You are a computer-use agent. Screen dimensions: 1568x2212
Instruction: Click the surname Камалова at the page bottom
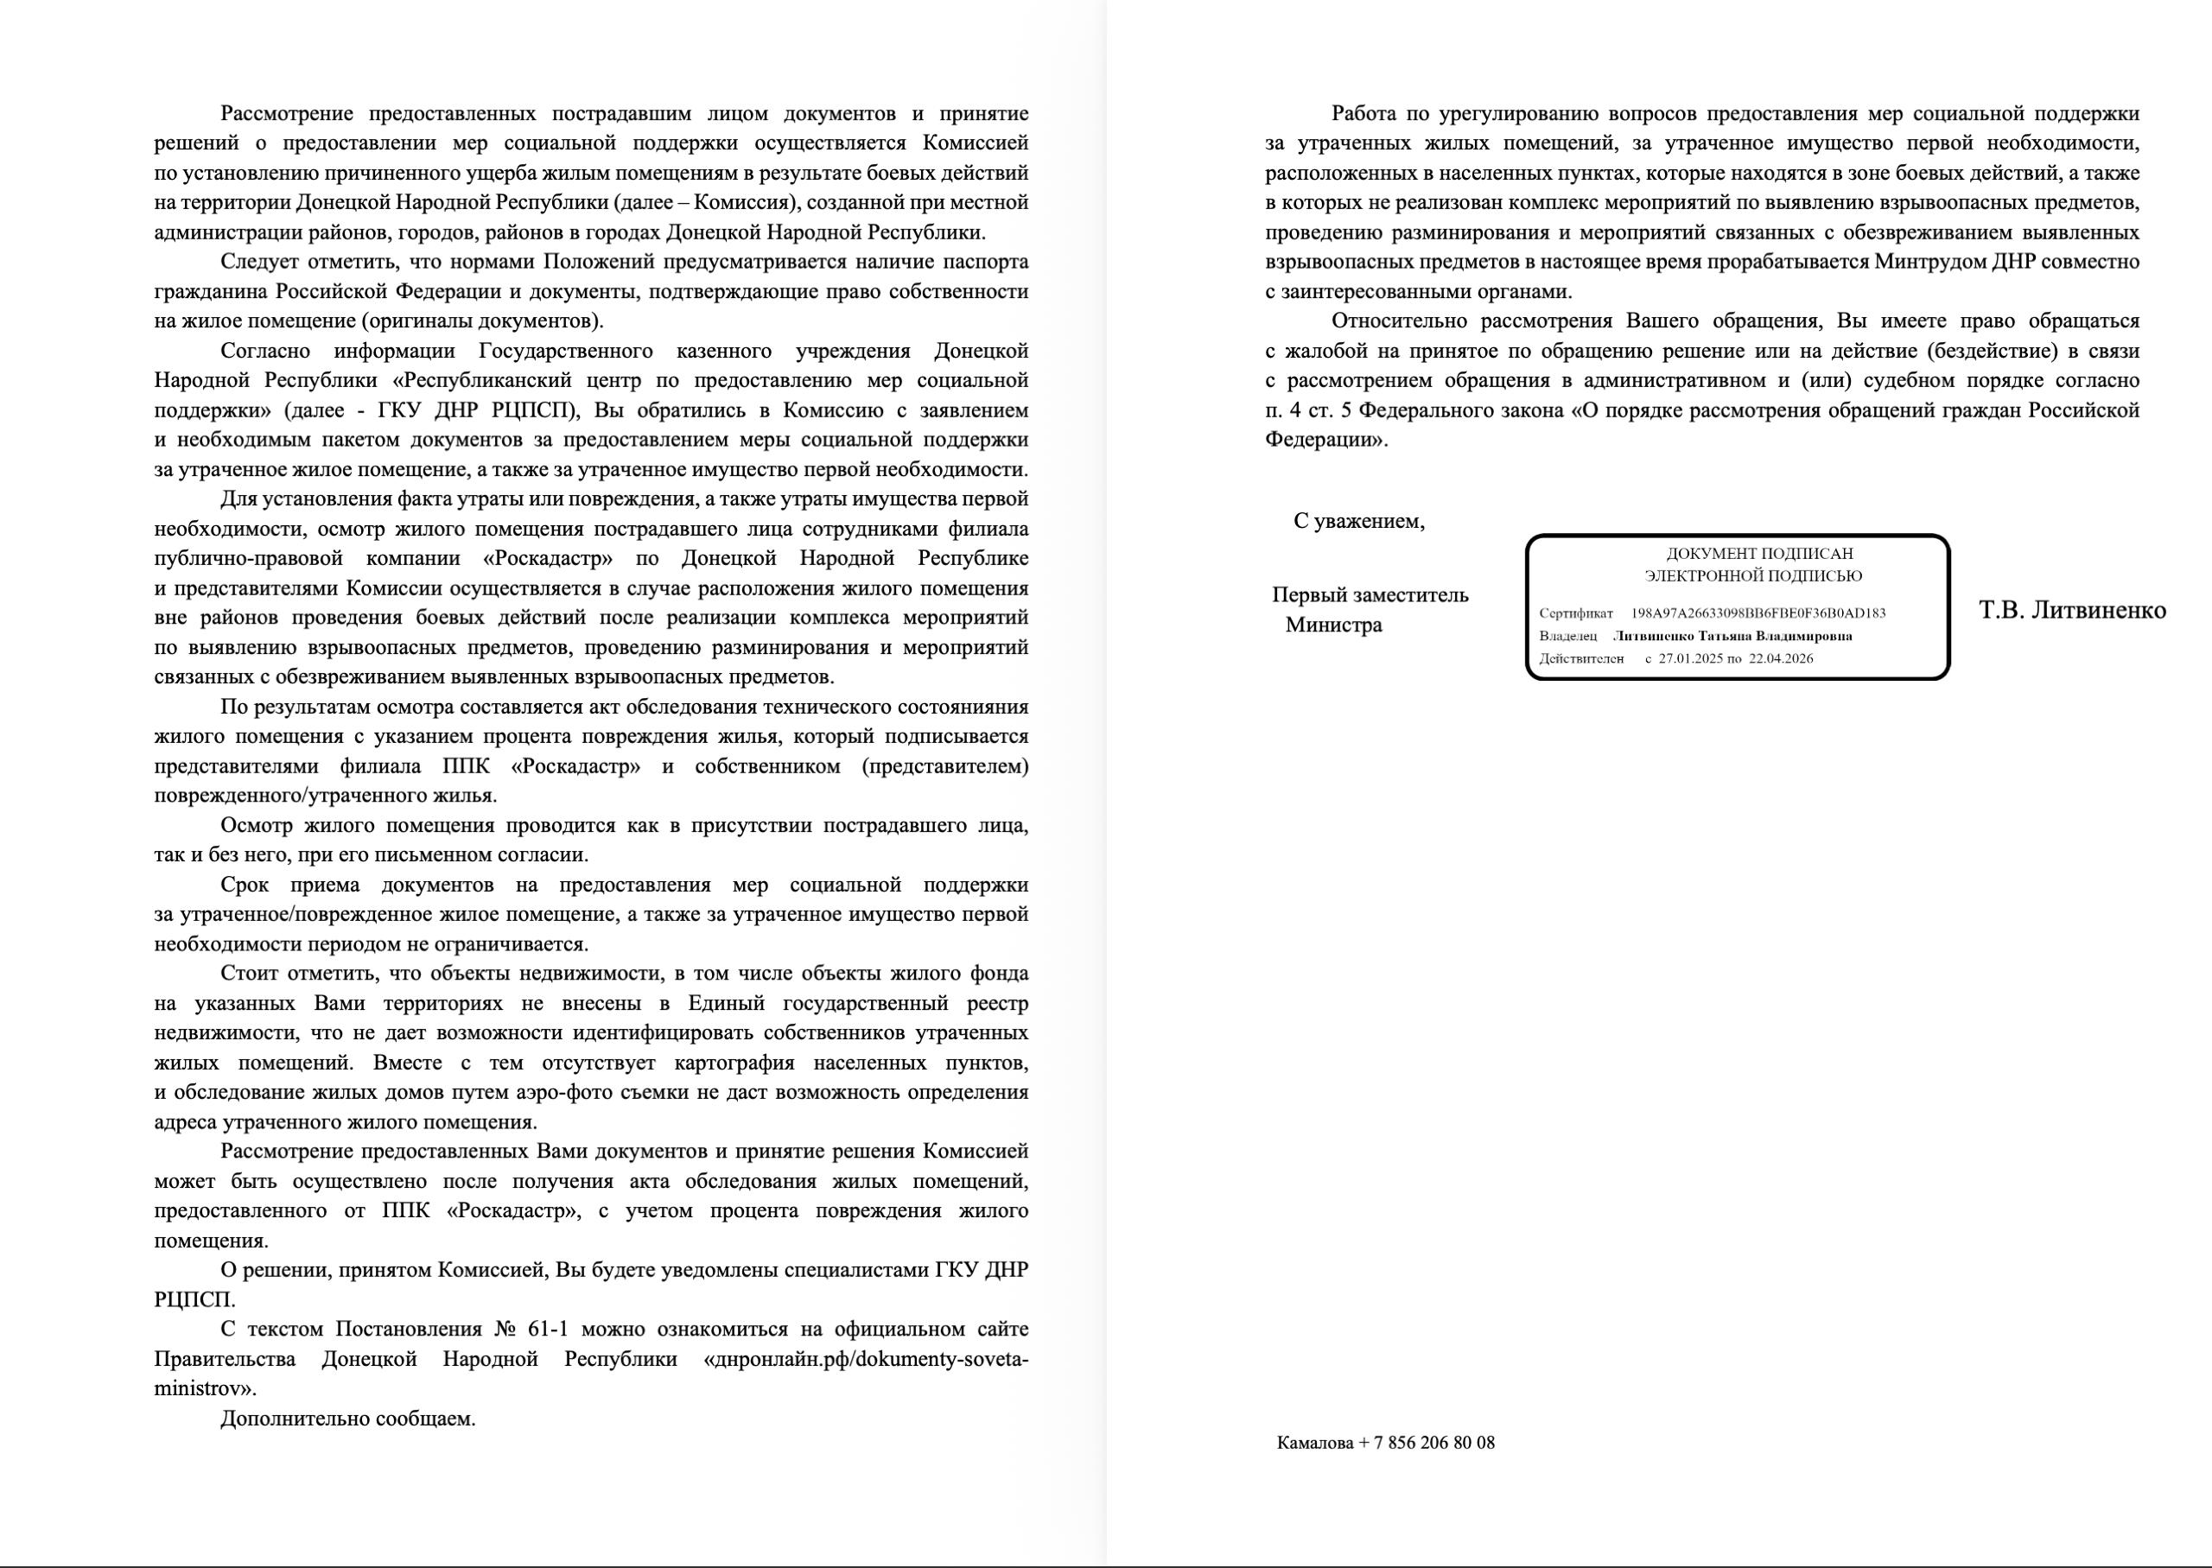[1314, 1443]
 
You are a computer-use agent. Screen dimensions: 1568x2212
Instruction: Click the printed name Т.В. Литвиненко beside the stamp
[2072, 610]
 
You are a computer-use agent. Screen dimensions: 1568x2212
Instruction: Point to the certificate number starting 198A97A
[1758, 613]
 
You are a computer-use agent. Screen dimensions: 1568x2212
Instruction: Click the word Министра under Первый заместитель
[1333, 625]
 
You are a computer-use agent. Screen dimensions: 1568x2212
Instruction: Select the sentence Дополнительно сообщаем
[347, 1419]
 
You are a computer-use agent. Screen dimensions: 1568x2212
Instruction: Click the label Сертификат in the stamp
[1576, 613]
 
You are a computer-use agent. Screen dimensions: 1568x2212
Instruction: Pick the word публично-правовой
[249, 558]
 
